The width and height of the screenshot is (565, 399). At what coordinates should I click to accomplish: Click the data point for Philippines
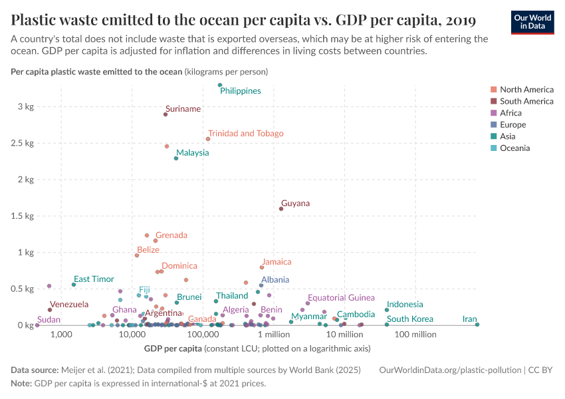[x=220, y=85]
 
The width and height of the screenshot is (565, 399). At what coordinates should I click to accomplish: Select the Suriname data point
[x=166, y=114]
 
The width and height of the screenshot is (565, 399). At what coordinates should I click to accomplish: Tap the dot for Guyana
[x=281, y=209]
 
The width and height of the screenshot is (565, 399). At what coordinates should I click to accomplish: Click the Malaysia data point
[x=176, y=158]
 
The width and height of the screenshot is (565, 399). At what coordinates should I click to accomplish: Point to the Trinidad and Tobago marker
[x=208, y=139]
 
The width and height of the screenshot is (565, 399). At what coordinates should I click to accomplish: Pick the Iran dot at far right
[x=477, y=325]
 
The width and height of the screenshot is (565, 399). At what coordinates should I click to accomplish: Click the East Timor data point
[x=74, y=285]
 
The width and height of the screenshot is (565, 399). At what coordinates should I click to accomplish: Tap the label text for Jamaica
[x=276, y=263]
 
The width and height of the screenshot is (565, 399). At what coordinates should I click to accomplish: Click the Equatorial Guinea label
[x=341, y=298]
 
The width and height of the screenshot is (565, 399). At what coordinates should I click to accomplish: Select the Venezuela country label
[x=69, y=305]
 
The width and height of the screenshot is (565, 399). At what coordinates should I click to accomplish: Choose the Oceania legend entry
[x=514, y=148]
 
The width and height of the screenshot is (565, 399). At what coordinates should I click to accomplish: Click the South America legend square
[x=493, y=101]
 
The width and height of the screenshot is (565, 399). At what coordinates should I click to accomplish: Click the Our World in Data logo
[x=532, y=21]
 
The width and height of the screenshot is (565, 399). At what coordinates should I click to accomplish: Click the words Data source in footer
[x=35, y=370]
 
